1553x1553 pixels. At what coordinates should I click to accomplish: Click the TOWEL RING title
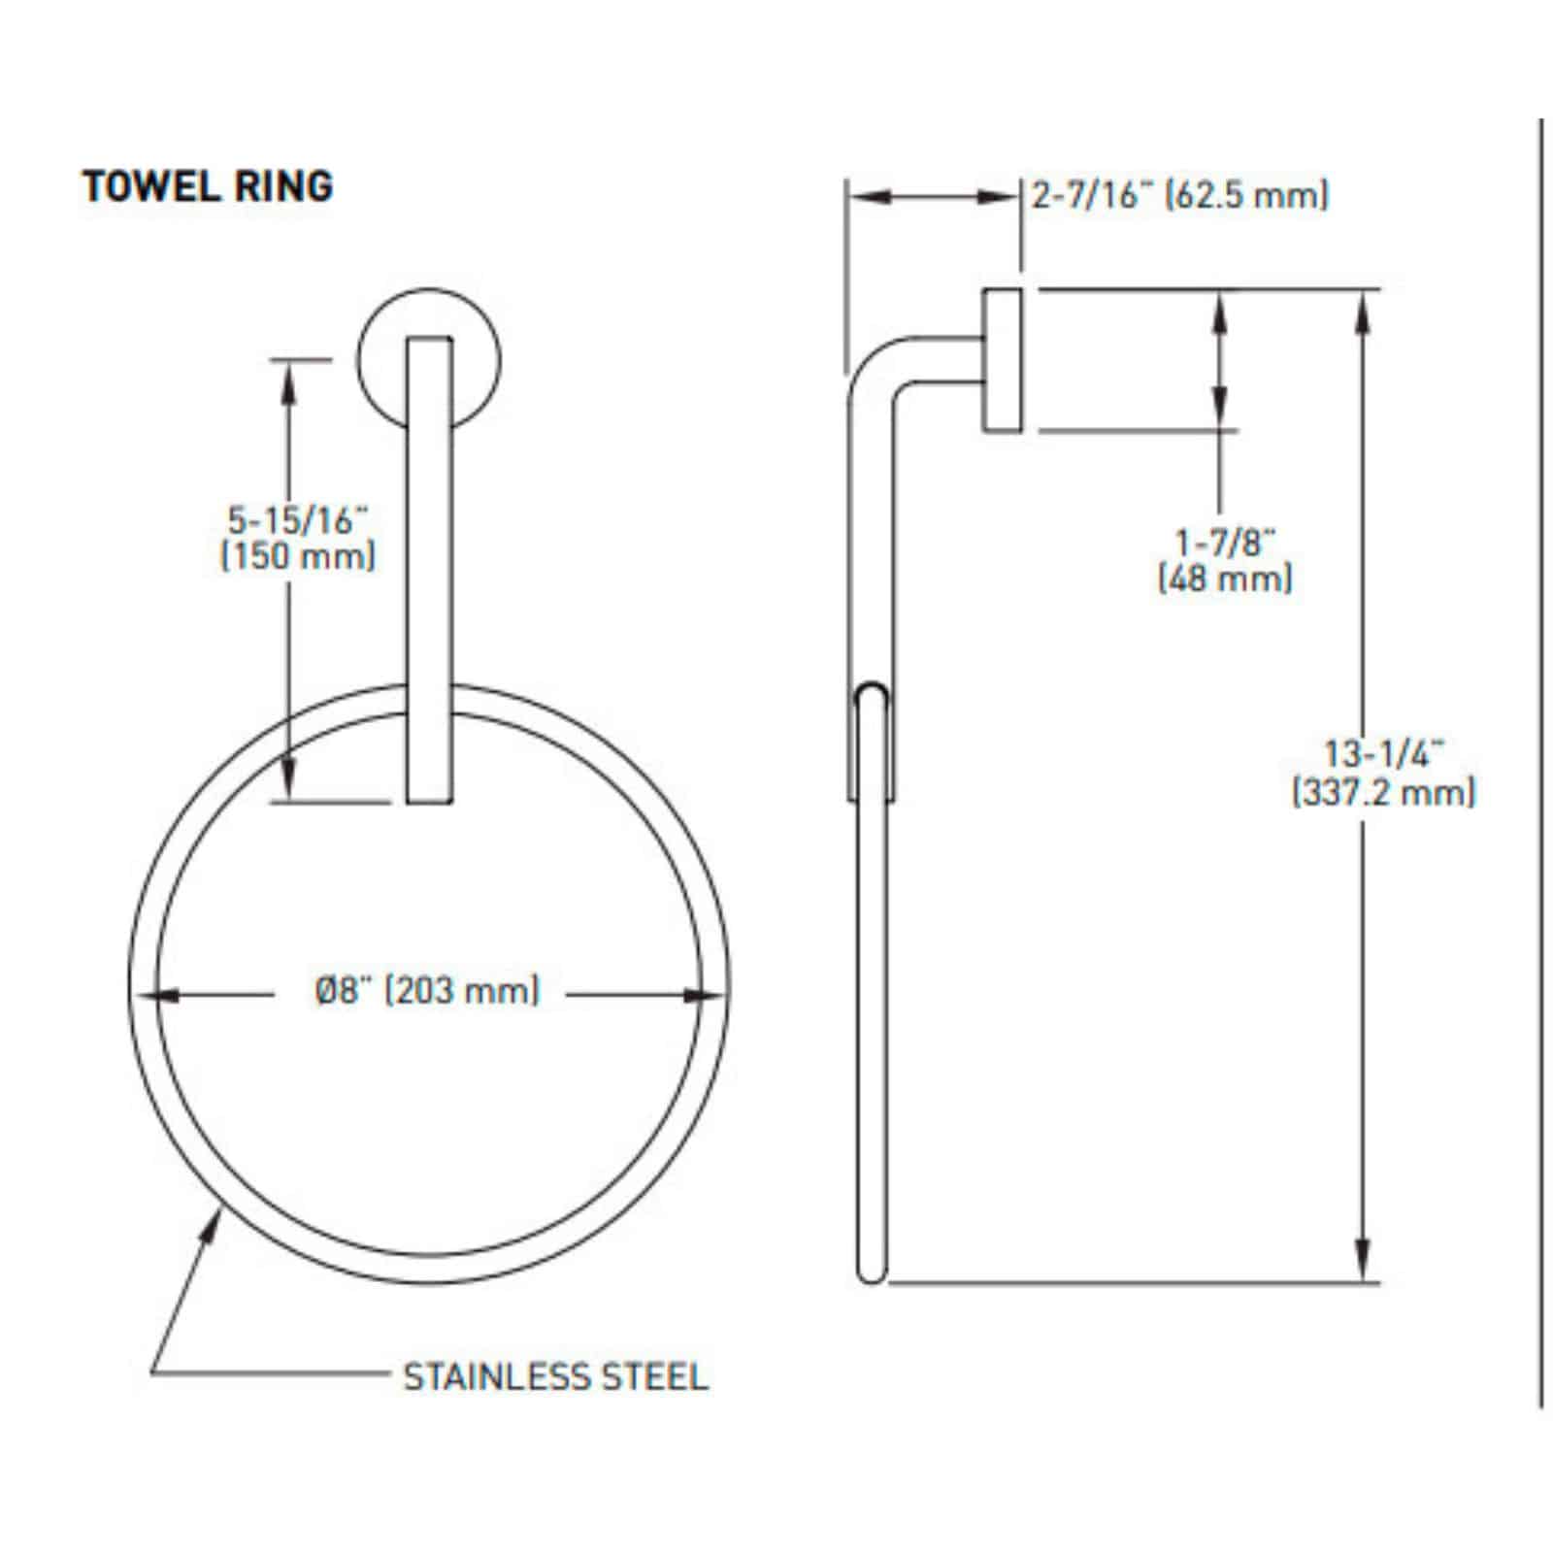click(208, 185)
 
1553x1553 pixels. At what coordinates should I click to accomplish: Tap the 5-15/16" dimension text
click(298, 520)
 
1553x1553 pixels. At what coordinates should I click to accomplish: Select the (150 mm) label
click(298, 557)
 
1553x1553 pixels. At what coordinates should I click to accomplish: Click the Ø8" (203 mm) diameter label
click(427, 991)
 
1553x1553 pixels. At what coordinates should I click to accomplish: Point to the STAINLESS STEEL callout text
click(555, 1376)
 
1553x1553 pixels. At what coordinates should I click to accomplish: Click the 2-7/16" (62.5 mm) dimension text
click(1179, 196)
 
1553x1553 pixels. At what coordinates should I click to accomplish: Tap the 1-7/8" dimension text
click(1224, 542)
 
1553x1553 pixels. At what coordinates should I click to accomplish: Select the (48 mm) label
click(1225, 579)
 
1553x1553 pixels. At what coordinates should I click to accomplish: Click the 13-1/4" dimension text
click(1384, 754)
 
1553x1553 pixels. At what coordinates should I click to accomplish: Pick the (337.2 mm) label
click(1383, 793)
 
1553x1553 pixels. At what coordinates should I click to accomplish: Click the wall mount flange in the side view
click(1001, 360)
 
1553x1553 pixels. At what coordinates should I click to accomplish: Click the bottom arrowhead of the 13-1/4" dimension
click(1364, 1262)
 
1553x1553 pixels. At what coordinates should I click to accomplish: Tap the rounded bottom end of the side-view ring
click(871, 1272)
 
